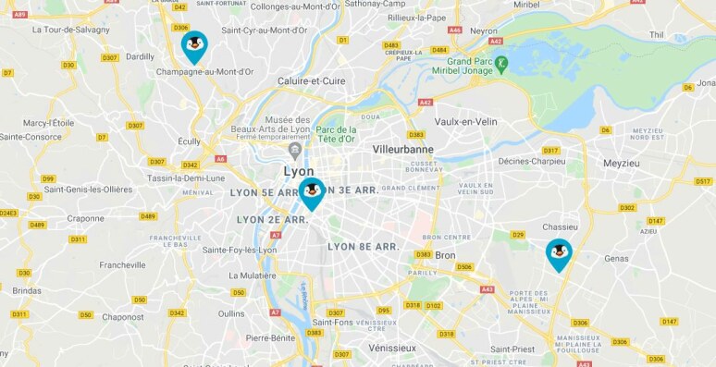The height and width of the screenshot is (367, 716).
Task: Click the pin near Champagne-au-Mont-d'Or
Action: click(193, 45)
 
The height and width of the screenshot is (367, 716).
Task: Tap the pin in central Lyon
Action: click(312, 192)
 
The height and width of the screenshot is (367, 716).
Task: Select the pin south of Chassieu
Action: click(559, 253)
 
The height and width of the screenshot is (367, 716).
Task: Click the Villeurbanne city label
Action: click(402, 148)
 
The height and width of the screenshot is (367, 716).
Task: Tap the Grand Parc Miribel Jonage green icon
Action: click(501, 64)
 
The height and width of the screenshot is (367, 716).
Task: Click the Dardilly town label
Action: click(140, 55)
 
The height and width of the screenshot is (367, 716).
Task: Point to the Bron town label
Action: click(445, 254)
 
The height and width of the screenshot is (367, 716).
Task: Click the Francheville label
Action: click(123, 264)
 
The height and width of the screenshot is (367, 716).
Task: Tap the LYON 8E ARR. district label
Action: click(363, 247)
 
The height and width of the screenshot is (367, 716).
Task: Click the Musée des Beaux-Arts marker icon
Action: click(295, 150)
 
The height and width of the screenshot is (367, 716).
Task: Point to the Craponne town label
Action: click(86, 218)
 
